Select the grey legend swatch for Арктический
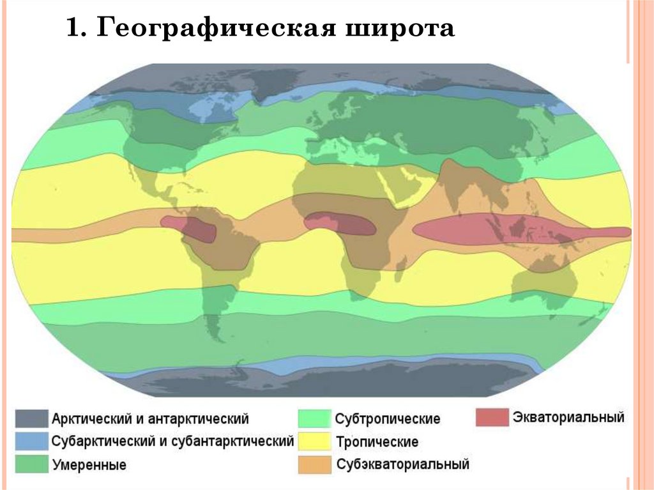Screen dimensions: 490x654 [x=32, y=418]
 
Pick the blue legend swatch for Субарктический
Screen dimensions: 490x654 [x=32, y=441]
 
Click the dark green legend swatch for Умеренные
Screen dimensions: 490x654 [x=32, y=464]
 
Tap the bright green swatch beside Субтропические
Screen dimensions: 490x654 [x=314, y=418]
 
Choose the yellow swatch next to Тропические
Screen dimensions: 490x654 [x=314, y=441]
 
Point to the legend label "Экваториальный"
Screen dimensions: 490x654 [x=568, y=418]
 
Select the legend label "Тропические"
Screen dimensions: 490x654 [x=377, y=441]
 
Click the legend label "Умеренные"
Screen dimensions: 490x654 [x=89, y=464]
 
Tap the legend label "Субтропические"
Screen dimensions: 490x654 [x=388, y=419]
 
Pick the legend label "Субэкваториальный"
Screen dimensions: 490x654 [x=403, y=464]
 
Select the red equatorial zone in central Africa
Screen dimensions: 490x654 [x=339, y=224]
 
